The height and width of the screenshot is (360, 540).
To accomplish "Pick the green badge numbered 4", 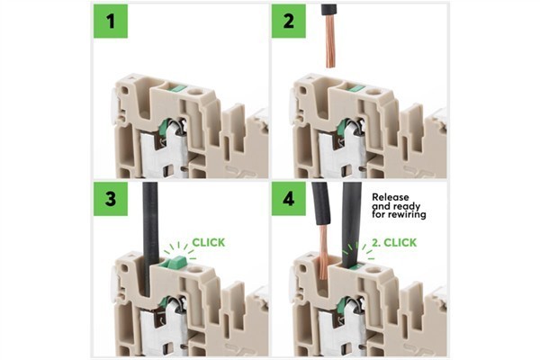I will click(x=289, y=198).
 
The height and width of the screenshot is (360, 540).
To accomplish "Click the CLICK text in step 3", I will click(x=210, y=242).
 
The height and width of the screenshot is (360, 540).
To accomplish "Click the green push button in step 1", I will click(x=178, y=88).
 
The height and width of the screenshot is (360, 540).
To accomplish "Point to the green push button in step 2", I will click(x=357, y=88).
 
